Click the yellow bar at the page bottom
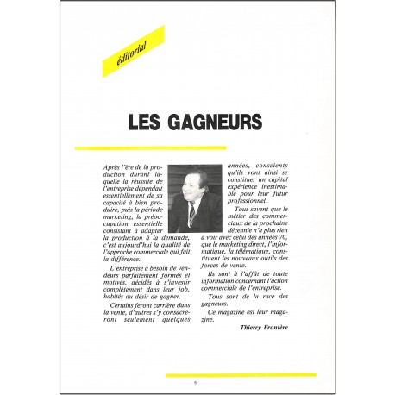point(241,374)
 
